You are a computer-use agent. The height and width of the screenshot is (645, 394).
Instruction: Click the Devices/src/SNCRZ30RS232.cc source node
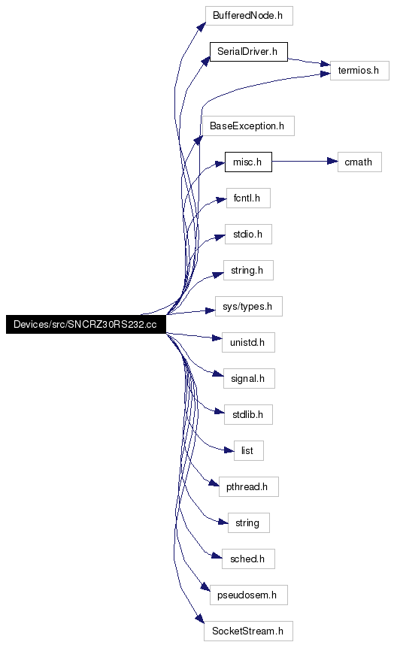click(86, 324)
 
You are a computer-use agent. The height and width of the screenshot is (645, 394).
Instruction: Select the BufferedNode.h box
click(249, 16)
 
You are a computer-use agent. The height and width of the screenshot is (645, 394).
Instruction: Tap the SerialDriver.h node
click(248, 52)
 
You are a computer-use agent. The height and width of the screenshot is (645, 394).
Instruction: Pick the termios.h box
click(359, 71)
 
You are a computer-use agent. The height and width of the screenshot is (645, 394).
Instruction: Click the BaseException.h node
click(248, 126)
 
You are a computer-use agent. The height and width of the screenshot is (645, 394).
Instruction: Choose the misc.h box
click(248, 162)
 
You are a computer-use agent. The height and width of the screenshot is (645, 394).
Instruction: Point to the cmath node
click(359, 162)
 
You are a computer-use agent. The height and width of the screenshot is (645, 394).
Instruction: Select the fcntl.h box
click(248, 198)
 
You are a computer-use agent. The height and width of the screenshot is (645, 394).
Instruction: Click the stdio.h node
click(248, 234)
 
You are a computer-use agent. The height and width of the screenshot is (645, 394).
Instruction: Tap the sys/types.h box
click(248, 307)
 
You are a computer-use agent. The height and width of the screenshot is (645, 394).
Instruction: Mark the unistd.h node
click(248, 342)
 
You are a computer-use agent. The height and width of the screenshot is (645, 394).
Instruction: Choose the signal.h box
click(249, 378)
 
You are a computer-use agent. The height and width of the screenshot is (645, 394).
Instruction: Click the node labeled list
click(248, 451)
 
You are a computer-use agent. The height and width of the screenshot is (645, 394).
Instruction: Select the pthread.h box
click(248, 486)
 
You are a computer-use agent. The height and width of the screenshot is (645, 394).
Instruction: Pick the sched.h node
click(248, 559)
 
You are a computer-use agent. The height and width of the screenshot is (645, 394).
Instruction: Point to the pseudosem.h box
click(248, 595)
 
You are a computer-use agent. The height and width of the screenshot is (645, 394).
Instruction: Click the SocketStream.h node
click(248, 631)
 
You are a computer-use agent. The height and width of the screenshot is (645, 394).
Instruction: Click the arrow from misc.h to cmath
click(305, 161)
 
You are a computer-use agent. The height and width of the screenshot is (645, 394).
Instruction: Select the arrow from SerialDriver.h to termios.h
click(309, 62)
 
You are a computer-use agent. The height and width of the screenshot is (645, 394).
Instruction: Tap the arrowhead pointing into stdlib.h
click(220, 411)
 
